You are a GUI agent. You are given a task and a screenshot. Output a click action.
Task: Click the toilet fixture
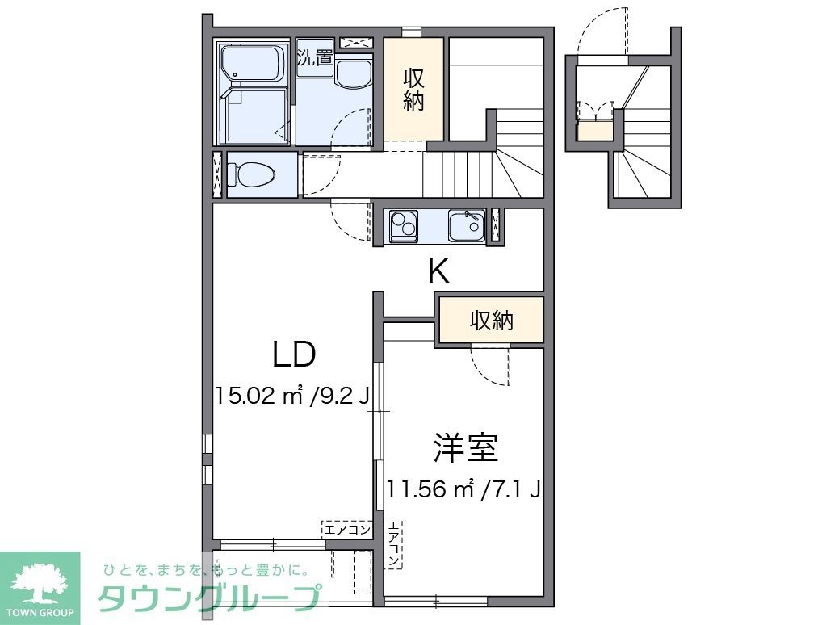tap(251, 174)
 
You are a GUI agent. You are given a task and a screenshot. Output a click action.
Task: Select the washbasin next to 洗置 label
tap(351, 75)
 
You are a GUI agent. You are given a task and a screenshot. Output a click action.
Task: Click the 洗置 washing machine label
tap(315, 57)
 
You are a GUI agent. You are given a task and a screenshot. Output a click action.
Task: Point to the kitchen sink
tap(466, 225)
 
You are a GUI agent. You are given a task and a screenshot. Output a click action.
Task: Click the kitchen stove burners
tap(403, 225)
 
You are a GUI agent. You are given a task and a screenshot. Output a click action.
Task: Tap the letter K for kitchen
tap(438, 272)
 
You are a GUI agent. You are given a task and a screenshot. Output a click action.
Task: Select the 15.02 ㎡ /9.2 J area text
tap(292, 396)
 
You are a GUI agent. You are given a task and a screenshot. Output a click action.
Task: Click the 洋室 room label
tap(465, 448)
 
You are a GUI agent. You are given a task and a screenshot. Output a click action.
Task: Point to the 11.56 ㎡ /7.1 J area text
tap(463, 489)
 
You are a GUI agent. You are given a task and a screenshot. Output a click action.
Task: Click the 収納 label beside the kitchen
tap(492, 321)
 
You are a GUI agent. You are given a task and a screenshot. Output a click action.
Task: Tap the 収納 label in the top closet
tap(413, 90)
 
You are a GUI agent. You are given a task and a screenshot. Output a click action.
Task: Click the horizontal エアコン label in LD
tap(346, 531)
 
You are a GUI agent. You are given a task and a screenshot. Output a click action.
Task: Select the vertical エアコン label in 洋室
tap(393, 542)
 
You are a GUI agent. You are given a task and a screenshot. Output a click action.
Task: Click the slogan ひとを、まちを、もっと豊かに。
tap(207, 570)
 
